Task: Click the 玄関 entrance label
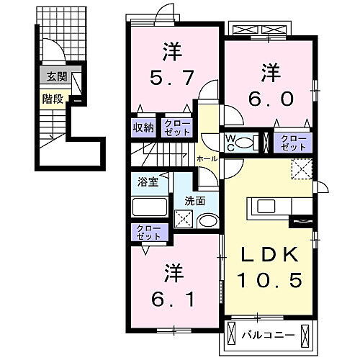point(53,76)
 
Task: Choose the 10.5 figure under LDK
point(270,279)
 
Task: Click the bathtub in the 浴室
point(150,207)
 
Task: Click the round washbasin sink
point(209,222)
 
